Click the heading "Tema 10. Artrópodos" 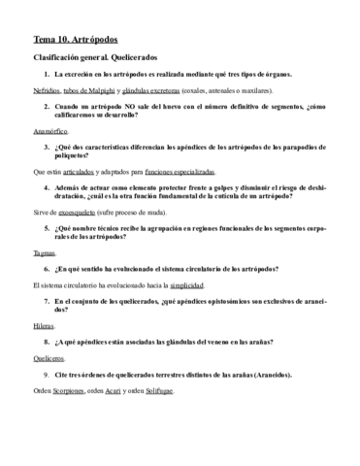coord(74,41)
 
